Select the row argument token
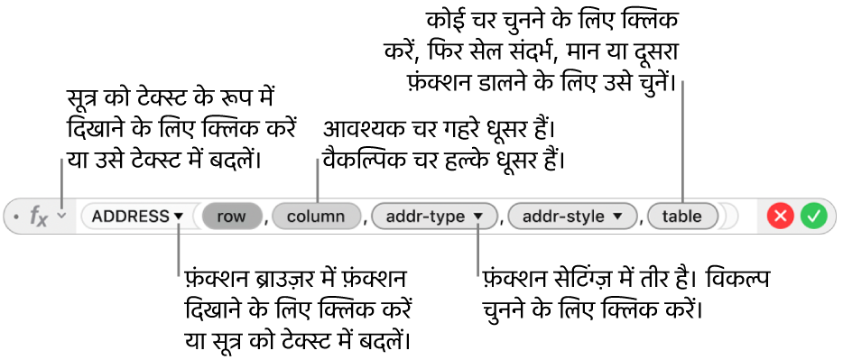click(232, 217)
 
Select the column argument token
click(316, 217)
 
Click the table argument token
click(682, 217)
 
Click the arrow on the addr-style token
click(617, 217)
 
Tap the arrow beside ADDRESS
click(179, 217)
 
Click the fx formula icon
click(39, 217)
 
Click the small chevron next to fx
click(62, 216)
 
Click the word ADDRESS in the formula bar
click(131, 217)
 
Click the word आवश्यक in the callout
click(356, 130)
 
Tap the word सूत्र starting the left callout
click(82, 102)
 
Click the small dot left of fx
click(16, 217)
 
